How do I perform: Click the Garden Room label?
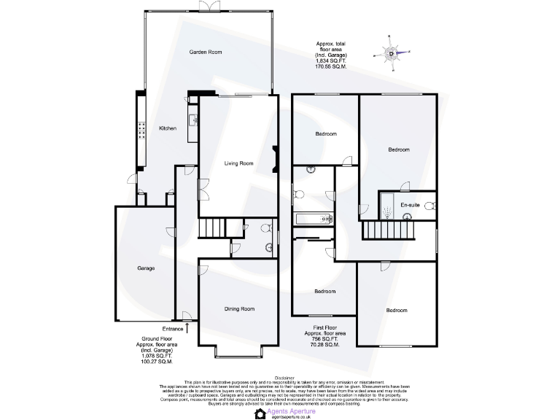pos(206,52)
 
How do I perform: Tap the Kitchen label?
pos(168,128)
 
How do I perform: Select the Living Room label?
pos(238,163)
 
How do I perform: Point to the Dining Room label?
pos(239,309)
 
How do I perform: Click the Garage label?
pos(146,268)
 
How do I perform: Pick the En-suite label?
pos(411,205)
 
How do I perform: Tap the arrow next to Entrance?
pos(190,328)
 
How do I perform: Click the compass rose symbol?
pos(392,53)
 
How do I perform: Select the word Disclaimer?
pos(280,378)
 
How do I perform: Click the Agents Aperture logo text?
pos(292,411)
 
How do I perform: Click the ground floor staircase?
pos(211,227)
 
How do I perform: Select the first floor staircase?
pos(388,230)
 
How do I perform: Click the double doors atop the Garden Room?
pos(210,7)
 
